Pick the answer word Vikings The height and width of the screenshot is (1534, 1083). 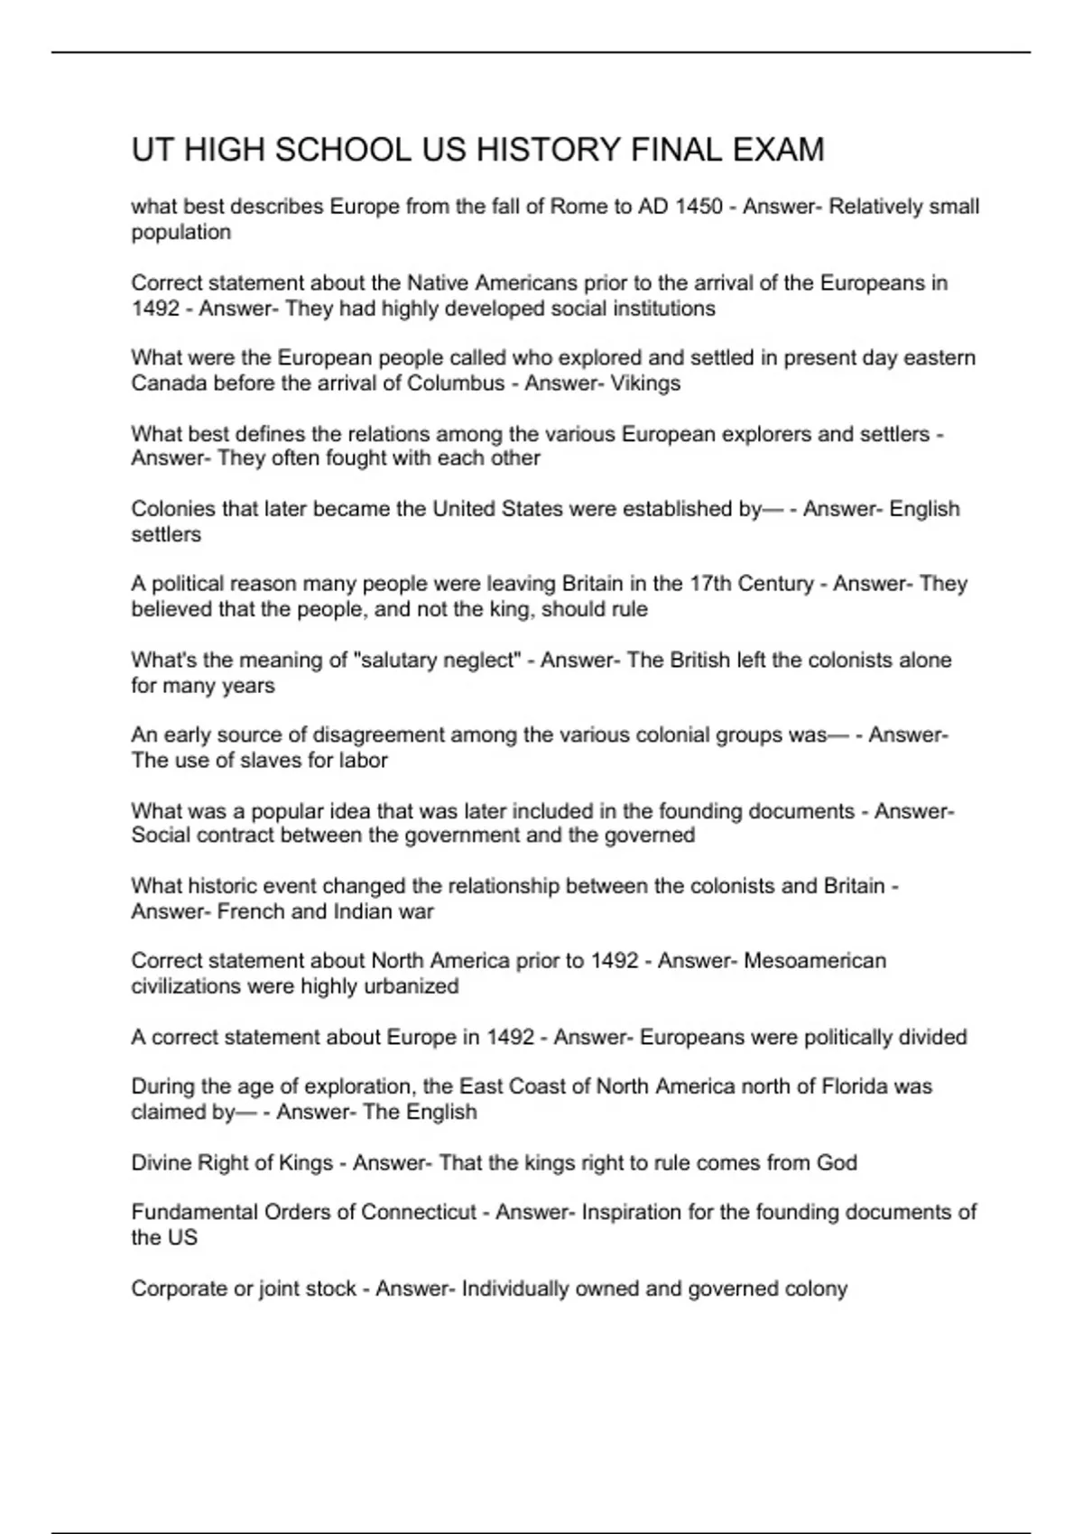[x=645, y=383]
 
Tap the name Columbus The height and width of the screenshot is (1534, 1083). [x=456, y=383]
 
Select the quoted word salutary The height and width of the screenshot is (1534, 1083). [x=399, y=661]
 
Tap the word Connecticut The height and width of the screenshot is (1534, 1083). [x=419, y=1212]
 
